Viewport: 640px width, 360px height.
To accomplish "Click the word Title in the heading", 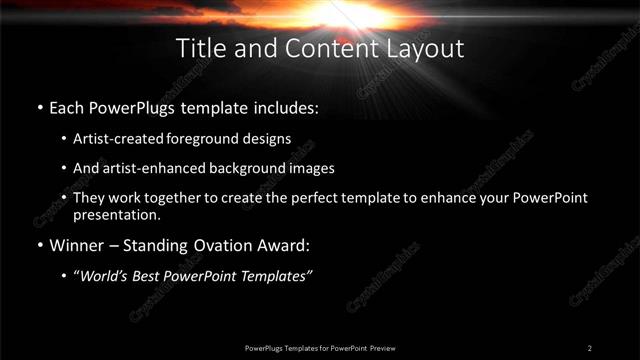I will (199, 48).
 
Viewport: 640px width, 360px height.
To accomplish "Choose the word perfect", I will (320, 198).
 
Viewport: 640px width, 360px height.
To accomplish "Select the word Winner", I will (77, 245).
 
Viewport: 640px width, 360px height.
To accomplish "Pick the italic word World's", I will (105, 276).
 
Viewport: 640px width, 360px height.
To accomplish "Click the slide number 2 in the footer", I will (590, 347).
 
